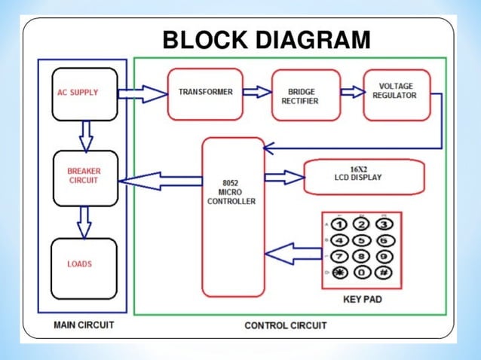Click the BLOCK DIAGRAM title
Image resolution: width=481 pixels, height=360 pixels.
[x=266, y=40]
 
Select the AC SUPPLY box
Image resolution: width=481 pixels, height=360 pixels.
[x=84, y=94]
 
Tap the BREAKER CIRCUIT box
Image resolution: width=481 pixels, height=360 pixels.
[x=84, y=176]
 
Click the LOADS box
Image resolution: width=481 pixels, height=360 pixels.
[x=84, y=264]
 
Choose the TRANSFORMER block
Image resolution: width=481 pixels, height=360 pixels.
[x=205, y=93]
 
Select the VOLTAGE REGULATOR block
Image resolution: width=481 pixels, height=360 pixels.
[x=397, y=93]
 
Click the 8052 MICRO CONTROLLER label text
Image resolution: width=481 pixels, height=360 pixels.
[x=234, y=191]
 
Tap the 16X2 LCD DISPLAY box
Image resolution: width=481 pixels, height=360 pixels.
[x=363, y=178]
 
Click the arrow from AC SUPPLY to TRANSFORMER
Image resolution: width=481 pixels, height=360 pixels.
[x=142, y=94]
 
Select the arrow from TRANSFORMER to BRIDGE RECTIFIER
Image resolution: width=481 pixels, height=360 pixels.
[x=256, y=92]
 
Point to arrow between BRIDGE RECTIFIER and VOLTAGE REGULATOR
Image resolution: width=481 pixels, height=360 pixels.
[x=351, y=92]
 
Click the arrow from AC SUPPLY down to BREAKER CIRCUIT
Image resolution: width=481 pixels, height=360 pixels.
[x=85, y=135]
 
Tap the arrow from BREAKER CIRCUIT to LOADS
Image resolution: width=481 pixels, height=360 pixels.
[x=84, y=221]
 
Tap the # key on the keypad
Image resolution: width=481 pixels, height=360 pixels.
[x=384, y=273]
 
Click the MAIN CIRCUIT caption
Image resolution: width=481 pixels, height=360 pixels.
[x=84, y=325]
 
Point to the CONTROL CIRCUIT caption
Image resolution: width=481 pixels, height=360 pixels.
[x=286, y=325]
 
